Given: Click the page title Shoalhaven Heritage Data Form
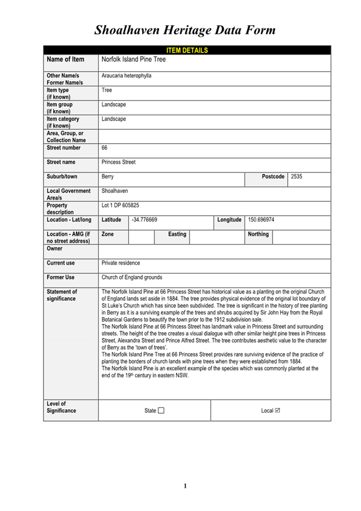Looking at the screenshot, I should [185, 30].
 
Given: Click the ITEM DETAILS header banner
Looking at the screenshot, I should [186, 50].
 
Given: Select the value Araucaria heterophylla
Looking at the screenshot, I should [127, 77].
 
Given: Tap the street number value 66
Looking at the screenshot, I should [105, 147].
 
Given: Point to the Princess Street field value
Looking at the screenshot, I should [119, 162].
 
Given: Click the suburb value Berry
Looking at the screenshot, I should [108, 177].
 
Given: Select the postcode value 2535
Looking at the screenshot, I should [297, 177].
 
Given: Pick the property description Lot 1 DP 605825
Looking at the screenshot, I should [125, 205].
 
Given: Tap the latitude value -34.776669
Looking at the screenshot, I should [145, 220].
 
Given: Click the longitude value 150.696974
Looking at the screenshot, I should [262, 220].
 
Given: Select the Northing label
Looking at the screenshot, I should [258, 234].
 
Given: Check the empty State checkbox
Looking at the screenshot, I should [161, 410].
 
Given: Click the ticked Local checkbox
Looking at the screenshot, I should [277, 410].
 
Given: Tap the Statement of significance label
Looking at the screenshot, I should [62, 295].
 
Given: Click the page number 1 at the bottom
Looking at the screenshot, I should [186, 486].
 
